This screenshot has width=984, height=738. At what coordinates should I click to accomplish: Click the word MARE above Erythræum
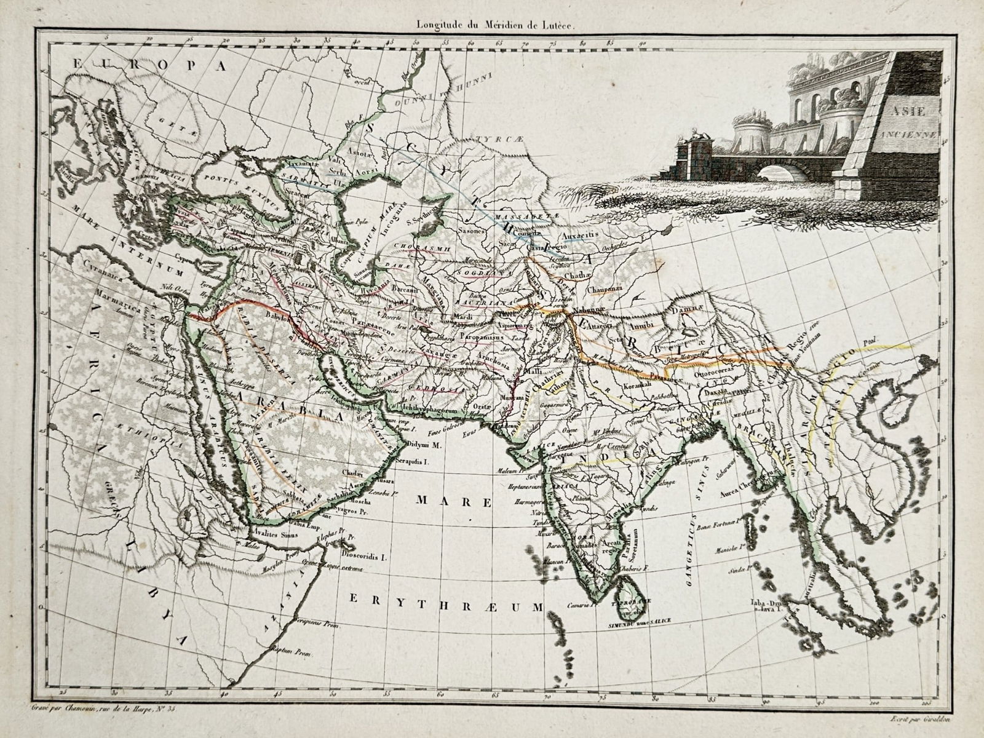454,502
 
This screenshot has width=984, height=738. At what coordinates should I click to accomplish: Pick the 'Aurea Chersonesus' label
744,477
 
